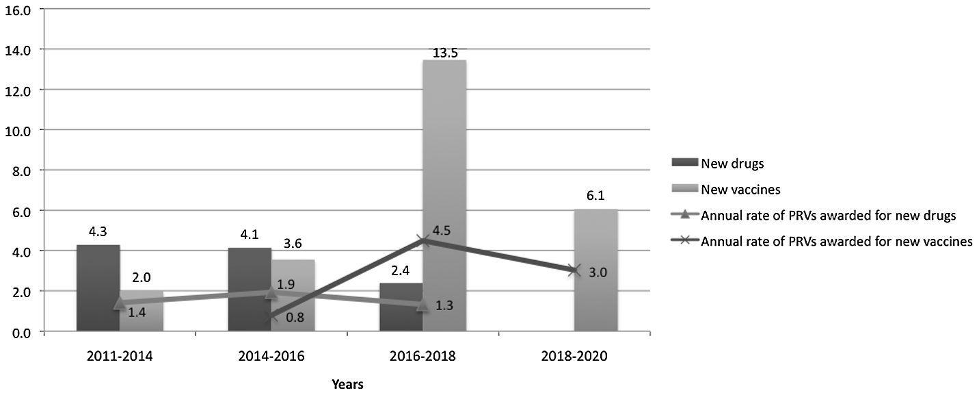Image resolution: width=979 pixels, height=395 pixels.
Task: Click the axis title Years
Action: pyautogui.click(x=347, y=384)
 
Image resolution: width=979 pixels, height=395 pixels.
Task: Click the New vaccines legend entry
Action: pyautogui.click(x=733, y=189)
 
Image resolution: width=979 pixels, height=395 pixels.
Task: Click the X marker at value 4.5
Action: pyautogui.click(x=423, y=240)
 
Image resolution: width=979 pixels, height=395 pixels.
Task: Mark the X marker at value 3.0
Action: pyautogui.click(x=574, y=270)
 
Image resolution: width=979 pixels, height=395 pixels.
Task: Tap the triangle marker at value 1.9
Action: pyautogui.click(x=271, y=293)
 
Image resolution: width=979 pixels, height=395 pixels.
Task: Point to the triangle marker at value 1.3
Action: pyautogui.click(x=423, y=305)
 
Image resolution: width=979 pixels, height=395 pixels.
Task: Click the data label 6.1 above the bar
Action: pyautogui.click(x=593, y=196)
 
